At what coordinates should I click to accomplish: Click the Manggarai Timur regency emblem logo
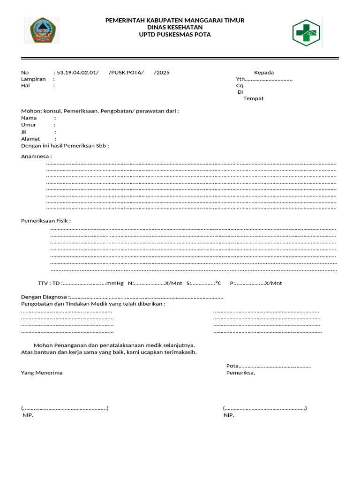pyautogui.click(x=42, y=30)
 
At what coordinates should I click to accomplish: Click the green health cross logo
pyautogui.click(x=306, y=32)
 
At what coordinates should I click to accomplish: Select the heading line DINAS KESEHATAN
pyautogui.click(x=175, y=28)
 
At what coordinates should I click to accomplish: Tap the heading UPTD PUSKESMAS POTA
pyautogui.click(x=175, y=35)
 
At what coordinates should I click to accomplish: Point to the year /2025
pyautogui.click(x=162, y=73)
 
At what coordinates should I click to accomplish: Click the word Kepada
pyautogui.click(x=264, y=73)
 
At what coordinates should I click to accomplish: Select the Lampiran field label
pyautogui.click(x=33, y=79)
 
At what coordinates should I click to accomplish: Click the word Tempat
pyautogui.click(x=254, y=98)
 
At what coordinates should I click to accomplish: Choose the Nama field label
pyautogui.click(x=29, y=118)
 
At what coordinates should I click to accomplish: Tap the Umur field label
pyautogui.click(x=29, y=125)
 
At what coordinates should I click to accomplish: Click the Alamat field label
pyautogui.click(x=30, y=139)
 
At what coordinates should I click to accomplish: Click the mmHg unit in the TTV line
pyautogui.click(x=115, y=283)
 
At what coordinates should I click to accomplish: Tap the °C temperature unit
pyautogui.click(x=218, y=283)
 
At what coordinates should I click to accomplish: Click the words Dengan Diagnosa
pyautogui.click(x=44, y=297)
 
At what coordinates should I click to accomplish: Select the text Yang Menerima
pyautogui.click(x=42, y=373)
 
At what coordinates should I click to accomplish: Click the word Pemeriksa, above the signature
pyautogui.click(x=240, y=373)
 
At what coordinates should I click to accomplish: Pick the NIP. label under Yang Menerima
pyautogui.click(x=28, y=415)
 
